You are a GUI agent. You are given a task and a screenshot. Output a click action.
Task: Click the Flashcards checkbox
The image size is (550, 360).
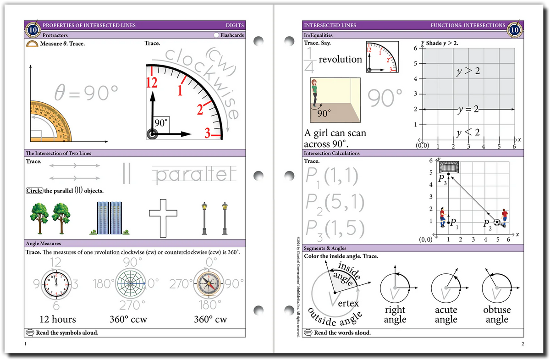(216, 35)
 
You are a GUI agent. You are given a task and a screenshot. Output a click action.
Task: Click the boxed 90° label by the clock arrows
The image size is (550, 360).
(161, 123)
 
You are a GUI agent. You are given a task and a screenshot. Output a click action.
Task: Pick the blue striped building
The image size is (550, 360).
(110, 218)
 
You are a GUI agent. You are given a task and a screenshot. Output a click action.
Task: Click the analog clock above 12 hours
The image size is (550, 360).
(56, 284)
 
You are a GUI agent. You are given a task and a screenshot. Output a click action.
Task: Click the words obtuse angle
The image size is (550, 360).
(497, 315)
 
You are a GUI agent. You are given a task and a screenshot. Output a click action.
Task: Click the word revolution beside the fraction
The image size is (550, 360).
(340, 59)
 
